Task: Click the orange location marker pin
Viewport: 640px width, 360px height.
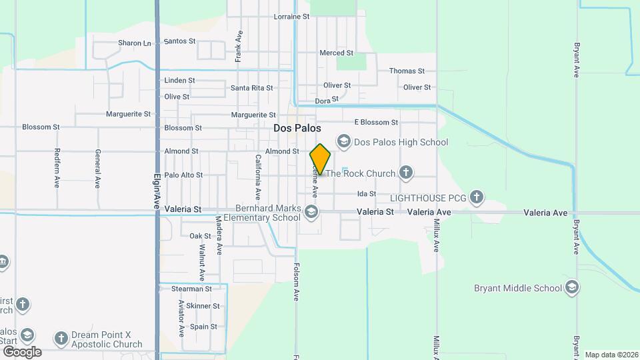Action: click(x=320, y=159)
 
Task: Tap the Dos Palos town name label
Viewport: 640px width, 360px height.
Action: click(x=297, y=128)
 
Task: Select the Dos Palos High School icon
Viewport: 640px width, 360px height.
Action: click(x=344, y=141)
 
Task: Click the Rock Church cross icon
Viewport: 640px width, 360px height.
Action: click(x=405, y=173)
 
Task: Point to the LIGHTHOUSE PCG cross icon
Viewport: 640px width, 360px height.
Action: click(x=476, y=197)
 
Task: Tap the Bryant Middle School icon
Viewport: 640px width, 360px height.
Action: click(x=571, y=288)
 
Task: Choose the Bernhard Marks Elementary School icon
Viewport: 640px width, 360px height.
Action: click(x=311, y=213)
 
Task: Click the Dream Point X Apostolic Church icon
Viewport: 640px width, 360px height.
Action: click(x=61, y=339)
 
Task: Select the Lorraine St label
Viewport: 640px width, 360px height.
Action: click(x=292, y=16)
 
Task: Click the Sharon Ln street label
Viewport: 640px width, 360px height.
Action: click(x=135, y=43)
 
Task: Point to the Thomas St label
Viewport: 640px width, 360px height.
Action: click(x=407, y=71)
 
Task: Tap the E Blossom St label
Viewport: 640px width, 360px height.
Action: click(x=376, y=122)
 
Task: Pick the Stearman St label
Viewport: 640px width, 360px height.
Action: click(x=191, y=289)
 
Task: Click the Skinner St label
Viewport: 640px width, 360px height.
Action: click(x=203, y=306)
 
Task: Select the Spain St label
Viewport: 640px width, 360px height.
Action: click(x=203, y=327)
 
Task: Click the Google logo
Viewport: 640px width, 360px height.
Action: click(x=22, y=351)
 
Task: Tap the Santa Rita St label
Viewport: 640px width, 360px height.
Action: click(x=251, y=88)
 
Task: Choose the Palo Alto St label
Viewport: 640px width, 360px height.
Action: click(x=183, y=175)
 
